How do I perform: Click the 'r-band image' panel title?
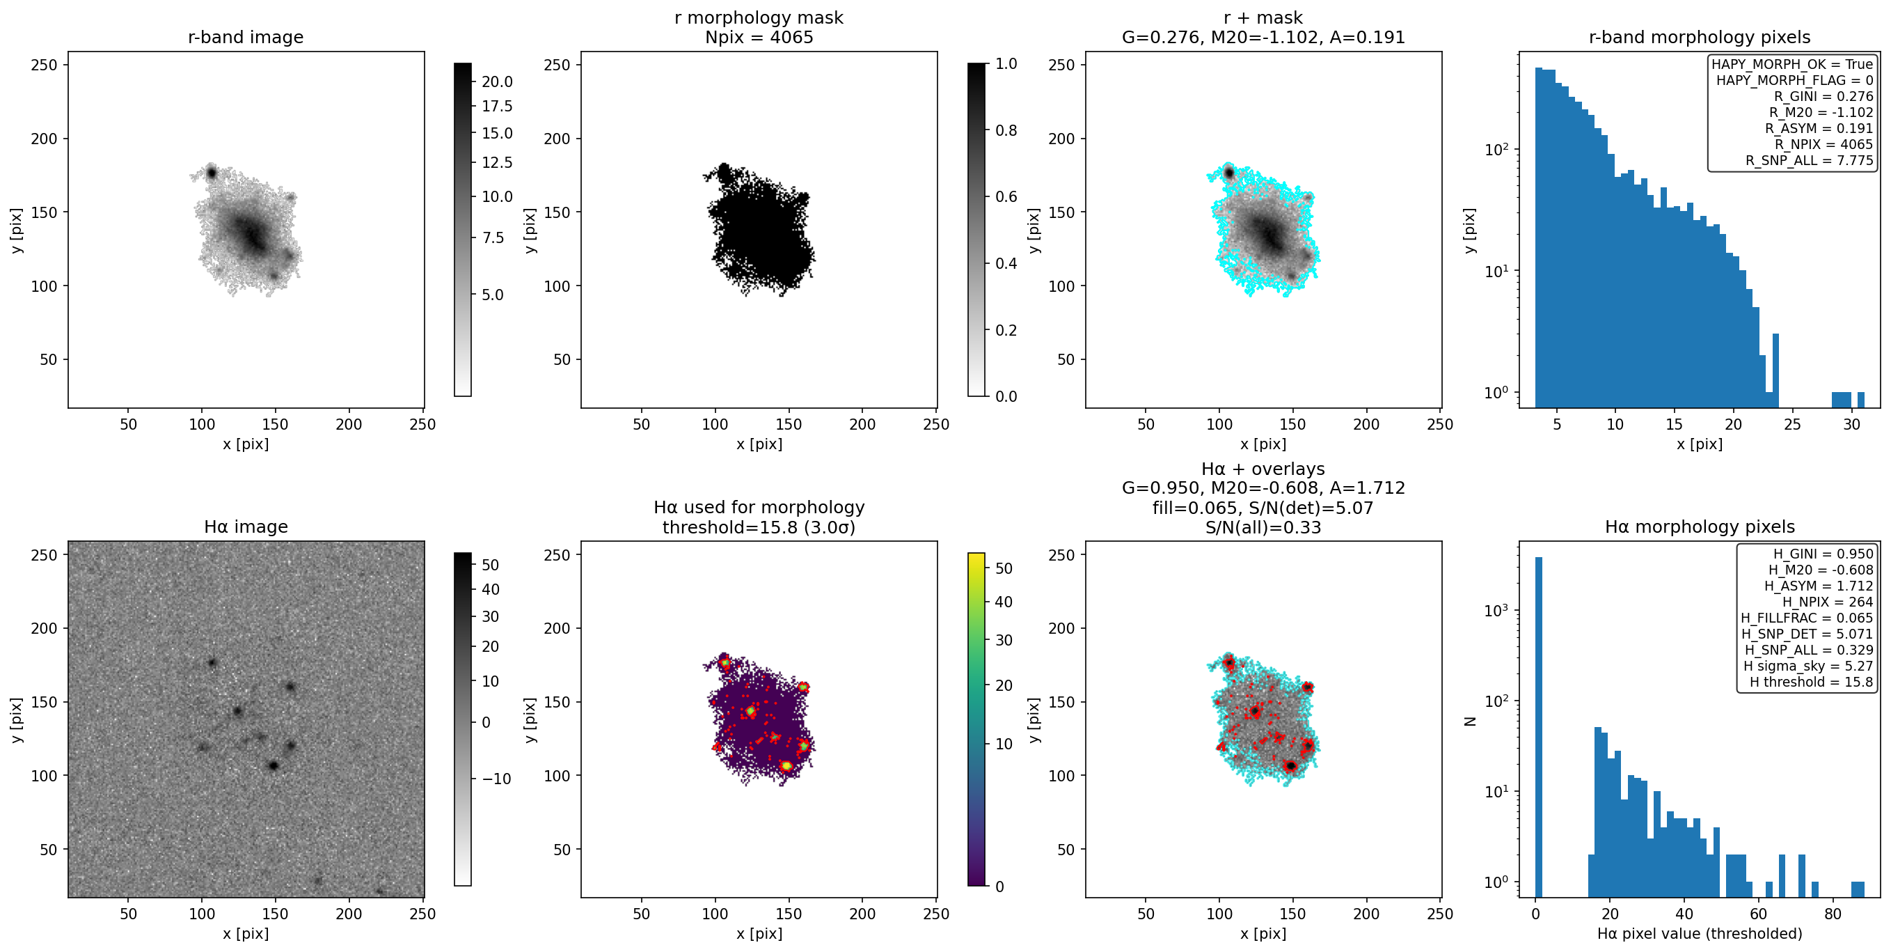pyautogui.click(x=245, y=37)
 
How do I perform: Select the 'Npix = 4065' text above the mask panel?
pyautogui.click(x=759, y=37)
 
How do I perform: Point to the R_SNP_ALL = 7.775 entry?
pyautogui.click(x=1809, y=160)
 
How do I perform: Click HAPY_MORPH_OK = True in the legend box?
pyautogui.click(x=1792, y=64)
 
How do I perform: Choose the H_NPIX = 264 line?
pyautogui.click(x=1828, y=602)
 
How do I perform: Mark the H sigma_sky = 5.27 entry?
pyautogui.click(x=1808, y=666)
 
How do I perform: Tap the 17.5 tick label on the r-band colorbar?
pyautogui.click(x=497, y=107)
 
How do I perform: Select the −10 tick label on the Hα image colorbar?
pyautogui.click(x=496, y=779)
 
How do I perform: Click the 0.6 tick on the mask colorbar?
pyautogui.click(x=1006, y=196)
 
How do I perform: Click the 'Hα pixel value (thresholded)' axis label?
pyautogui.click(x=1700, y=934)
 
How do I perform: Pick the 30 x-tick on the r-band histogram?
pyautogui.click(x=1851, y=424)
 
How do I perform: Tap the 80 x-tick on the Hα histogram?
pyautogui.click(x=1833, y=914)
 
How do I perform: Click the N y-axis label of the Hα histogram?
pyautogui.click(x=1470, y=721)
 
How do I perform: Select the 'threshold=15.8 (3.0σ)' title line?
pyautogui.click(x=759, y=526)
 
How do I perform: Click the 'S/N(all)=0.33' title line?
pyautogui.click(x=1263, y=526)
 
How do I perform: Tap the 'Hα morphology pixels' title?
pyautogui.click(x=1700, y=526)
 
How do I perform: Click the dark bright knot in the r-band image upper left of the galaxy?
pyautogui.click(x=212, y=173)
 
